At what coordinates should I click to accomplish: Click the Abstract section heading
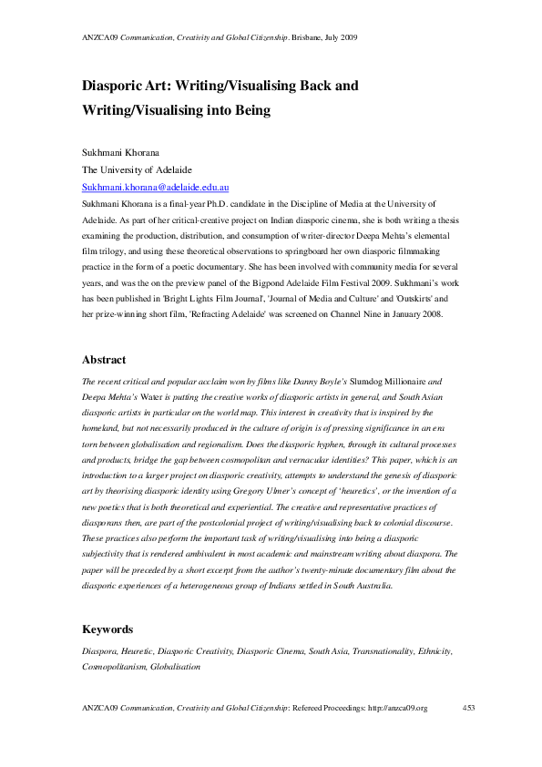pos(104,360)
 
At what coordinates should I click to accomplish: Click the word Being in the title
pos(251,111)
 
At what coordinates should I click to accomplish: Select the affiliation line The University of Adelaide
pos(137,169)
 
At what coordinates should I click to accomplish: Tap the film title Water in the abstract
pos(159,397)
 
